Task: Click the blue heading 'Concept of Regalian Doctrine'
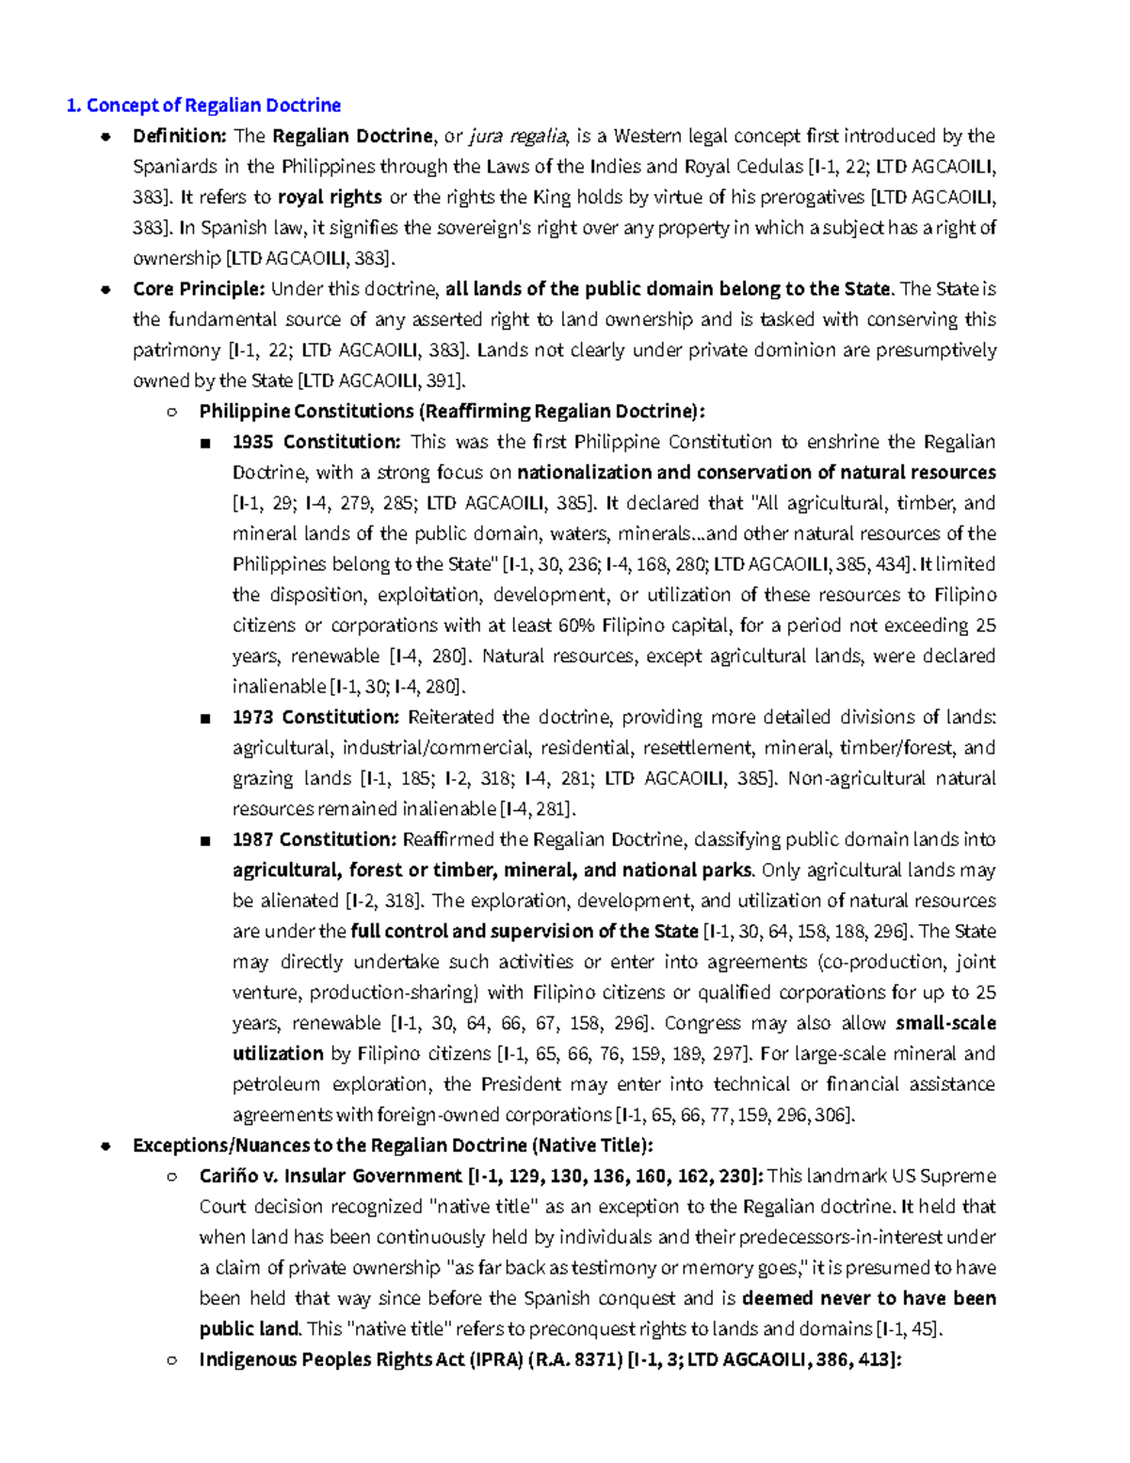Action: [x=213, y=106]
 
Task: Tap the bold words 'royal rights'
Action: [x=330, y=198]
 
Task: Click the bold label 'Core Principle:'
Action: [x=199, y=289]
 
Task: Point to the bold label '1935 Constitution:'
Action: [x=316, y=442]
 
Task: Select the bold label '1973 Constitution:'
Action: [x=316, y=717]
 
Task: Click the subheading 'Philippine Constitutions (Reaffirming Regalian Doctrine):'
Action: [x=452, y=412]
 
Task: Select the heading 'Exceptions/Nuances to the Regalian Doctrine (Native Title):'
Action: [x=393, y=1146]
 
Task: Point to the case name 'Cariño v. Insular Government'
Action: [x=331, y=1177]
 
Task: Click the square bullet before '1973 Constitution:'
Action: [x=205, y=718]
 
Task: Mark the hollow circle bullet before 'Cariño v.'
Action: [x=171, y=1177]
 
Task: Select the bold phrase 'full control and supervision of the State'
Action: [x=524, y=932]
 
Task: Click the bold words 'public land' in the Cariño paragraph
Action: [x=250, y=1329]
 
